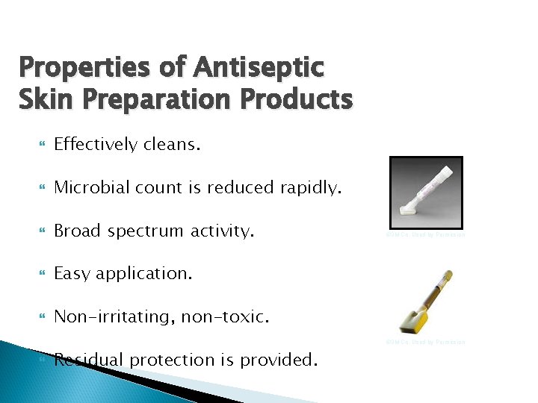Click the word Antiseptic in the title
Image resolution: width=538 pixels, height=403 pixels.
[259, 67]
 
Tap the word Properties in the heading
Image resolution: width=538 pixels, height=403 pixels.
[84, 67]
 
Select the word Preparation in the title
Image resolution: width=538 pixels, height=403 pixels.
[152, 98]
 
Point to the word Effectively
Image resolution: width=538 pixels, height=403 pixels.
[96, 145]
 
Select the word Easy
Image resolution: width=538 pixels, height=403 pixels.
[72, 274]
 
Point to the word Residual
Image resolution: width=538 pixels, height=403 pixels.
[88, 360]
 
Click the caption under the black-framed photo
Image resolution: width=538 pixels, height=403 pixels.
[426, 235]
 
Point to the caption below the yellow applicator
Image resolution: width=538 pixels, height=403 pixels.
[426, 343]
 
